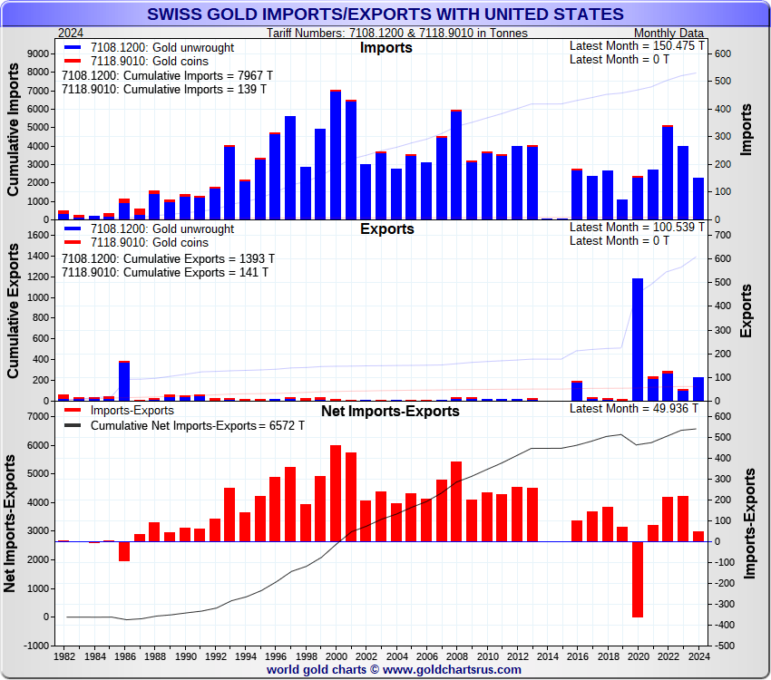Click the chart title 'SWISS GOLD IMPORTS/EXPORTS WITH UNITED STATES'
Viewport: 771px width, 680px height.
tap(385, 14)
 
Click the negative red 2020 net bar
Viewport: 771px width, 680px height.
tap(638, 579)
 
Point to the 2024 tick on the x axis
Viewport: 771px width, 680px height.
tap(698, 655)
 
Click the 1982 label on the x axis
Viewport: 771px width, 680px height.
tap(63, 655)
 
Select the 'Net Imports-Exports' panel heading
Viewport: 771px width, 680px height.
tap(390, 412)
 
